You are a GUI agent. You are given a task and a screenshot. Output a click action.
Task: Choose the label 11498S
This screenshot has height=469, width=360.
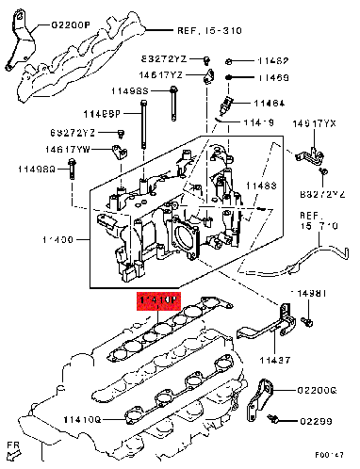point(131,91)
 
